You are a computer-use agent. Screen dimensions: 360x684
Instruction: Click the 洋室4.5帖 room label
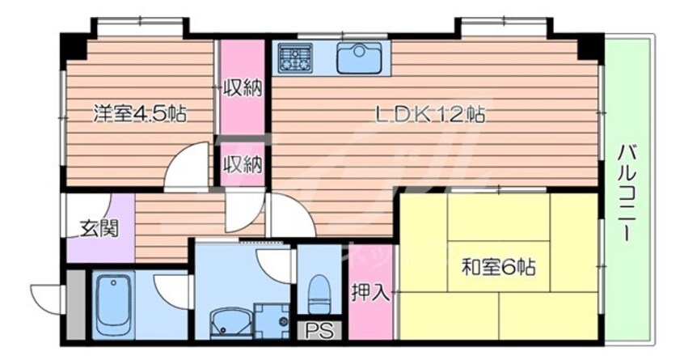pyautogui.click(x=140, y=113)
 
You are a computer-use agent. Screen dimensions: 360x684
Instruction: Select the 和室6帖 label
pyautogui.click(x=500, y=265)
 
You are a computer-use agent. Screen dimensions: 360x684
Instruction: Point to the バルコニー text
pyautogui.click(x=627, y=191)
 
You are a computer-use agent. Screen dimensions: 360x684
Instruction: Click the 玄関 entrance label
pyautogui.click(x=99, y=228)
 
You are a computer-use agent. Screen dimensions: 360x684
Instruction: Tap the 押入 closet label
pyautogui.click(x=370, y=293)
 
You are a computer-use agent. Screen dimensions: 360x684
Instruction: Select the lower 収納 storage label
pyautogui.click(x=243, y=163)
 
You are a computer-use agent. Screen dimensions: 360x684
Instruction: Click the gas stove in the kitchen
pyautogui.click(x=296, y=57)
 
